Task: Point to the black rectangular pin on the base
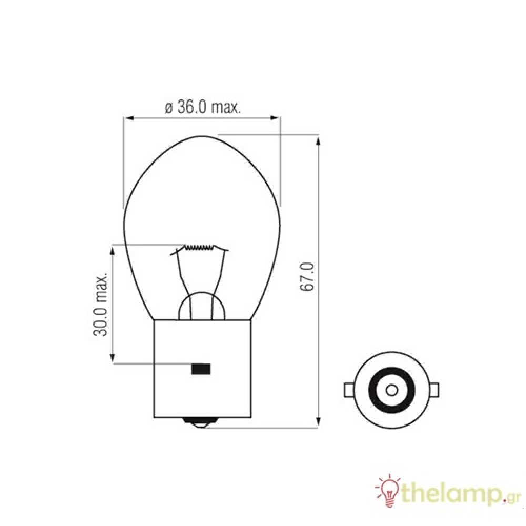coord(200,369)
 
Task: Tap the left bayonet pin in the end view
coord(348,390)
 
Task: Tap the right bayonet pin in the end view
coord(434,390)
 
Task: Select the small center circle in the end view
coord(391,390)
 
